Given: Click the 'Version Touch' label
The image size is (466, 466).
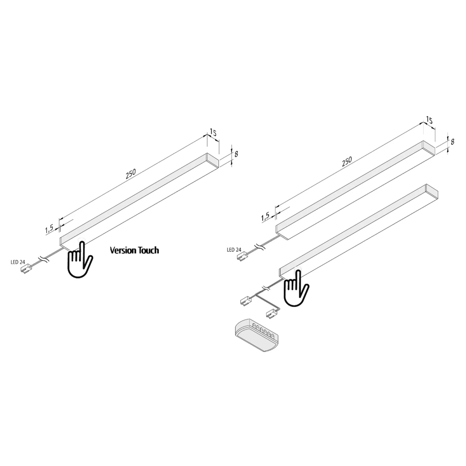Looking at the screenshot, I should click(x=134, y=250).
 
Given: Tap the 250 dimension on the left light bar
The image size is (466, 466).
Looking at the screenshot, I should click(x=131, y=175).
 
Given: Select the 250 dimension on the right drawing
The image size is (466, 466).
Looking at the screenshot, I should click(x=347, y=162).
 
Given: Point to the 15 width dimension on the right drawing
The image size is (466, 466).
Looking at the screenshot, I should click(x=429, y=120).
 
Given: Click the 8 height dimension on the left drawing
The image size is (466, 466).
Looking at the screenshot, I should click(x=236, y=154).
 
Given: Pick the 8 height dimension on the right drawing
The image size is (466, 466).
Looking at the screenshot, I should click(x=452, y=142).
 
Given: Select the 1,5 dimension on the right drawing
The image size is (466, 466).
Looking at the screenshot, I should click(x=265, y=217).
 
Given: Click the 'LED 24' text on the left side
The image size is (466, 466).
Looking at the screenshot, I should click(x=17, y=262).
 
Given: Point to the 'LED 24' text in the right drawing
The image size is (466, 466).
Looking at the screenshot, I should click(x=234, y=249).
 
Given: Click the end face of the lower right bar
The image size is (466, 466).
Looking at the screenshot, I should click(x=432, y=192).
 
